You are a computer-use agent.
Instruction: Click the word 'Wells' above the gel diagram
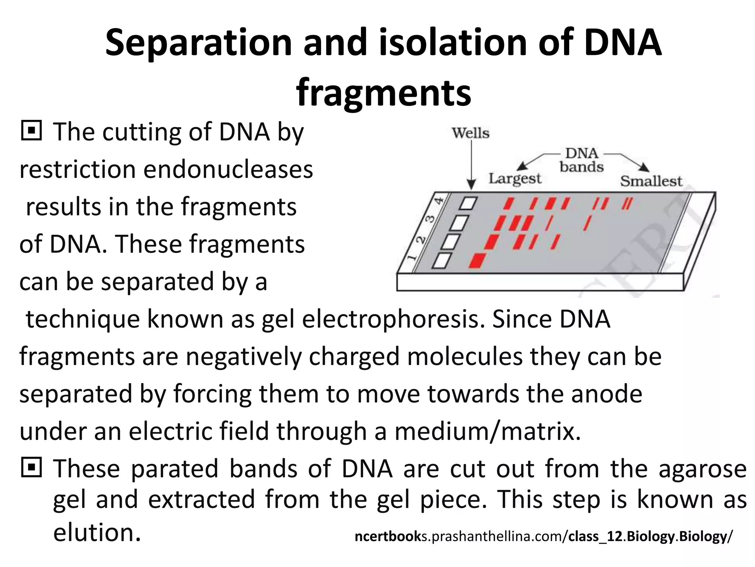(x=471, y=133)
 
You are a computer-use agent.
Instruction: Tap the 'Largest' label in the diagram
(x=515, y=179)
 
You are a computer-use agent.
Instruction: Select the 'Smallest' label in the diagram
(x=651, y=181)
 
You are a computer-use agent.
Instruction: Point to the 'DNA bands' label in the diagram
(x=582, y=160)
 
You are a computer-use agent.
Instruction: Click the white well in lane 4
(x=469, y=203)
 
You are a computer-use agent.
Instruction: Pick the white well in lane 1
(x=442, y=261)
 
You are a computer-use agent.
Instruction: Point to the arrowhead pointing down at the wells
(x=471, y=184)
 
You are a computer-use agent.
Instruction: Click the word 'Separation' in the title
(x=199, y=43)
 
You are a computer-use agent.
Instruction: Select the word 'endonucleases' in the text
(x=228, y=170)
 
